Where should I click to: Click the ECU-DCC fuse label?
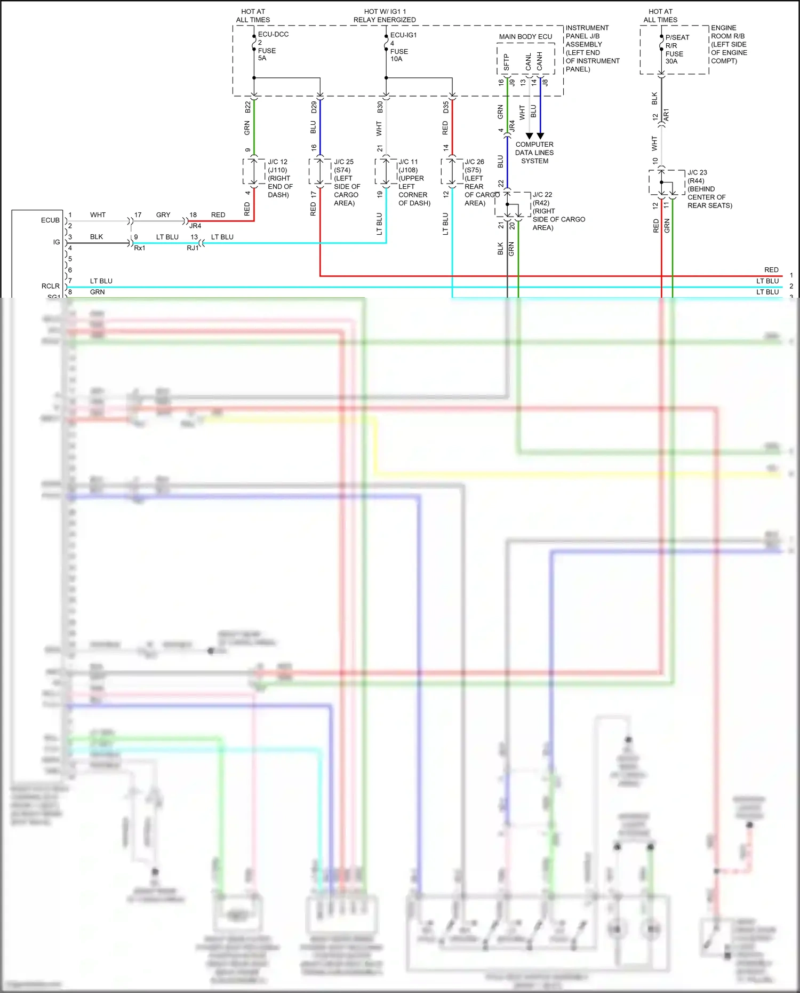[273, 34]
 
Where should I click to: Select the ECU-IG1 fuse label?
[404, 35]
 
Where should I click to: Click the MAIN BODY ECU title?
[525, 37]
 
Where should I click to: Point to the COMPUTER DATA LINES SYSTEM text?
[534, 153]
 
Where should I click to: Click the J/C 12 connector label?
[277, 162]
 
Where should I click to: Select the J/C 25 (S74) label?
[344, 165]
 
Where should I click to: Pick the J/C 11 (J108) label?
[409, 165]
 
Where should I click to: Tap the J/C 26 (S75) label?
[474, 165]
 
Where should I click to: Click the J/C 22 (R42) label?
[542, 198]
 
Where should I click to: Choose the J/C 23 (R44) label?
[697, 176]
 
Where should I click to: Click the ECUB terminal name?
[50, 220]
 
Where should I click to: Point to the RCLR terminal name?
[51, 287]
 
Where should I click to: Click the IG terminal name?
[57, 242]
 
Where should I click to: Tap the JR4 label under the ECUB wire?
[195, 226]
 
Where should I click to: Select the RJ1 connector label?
[193, 248]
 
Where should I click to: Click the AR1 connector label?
[666, 115]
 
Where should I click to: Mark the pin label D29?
[314, 107]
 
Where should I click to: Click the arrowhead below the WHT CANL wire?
[529, 136]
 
